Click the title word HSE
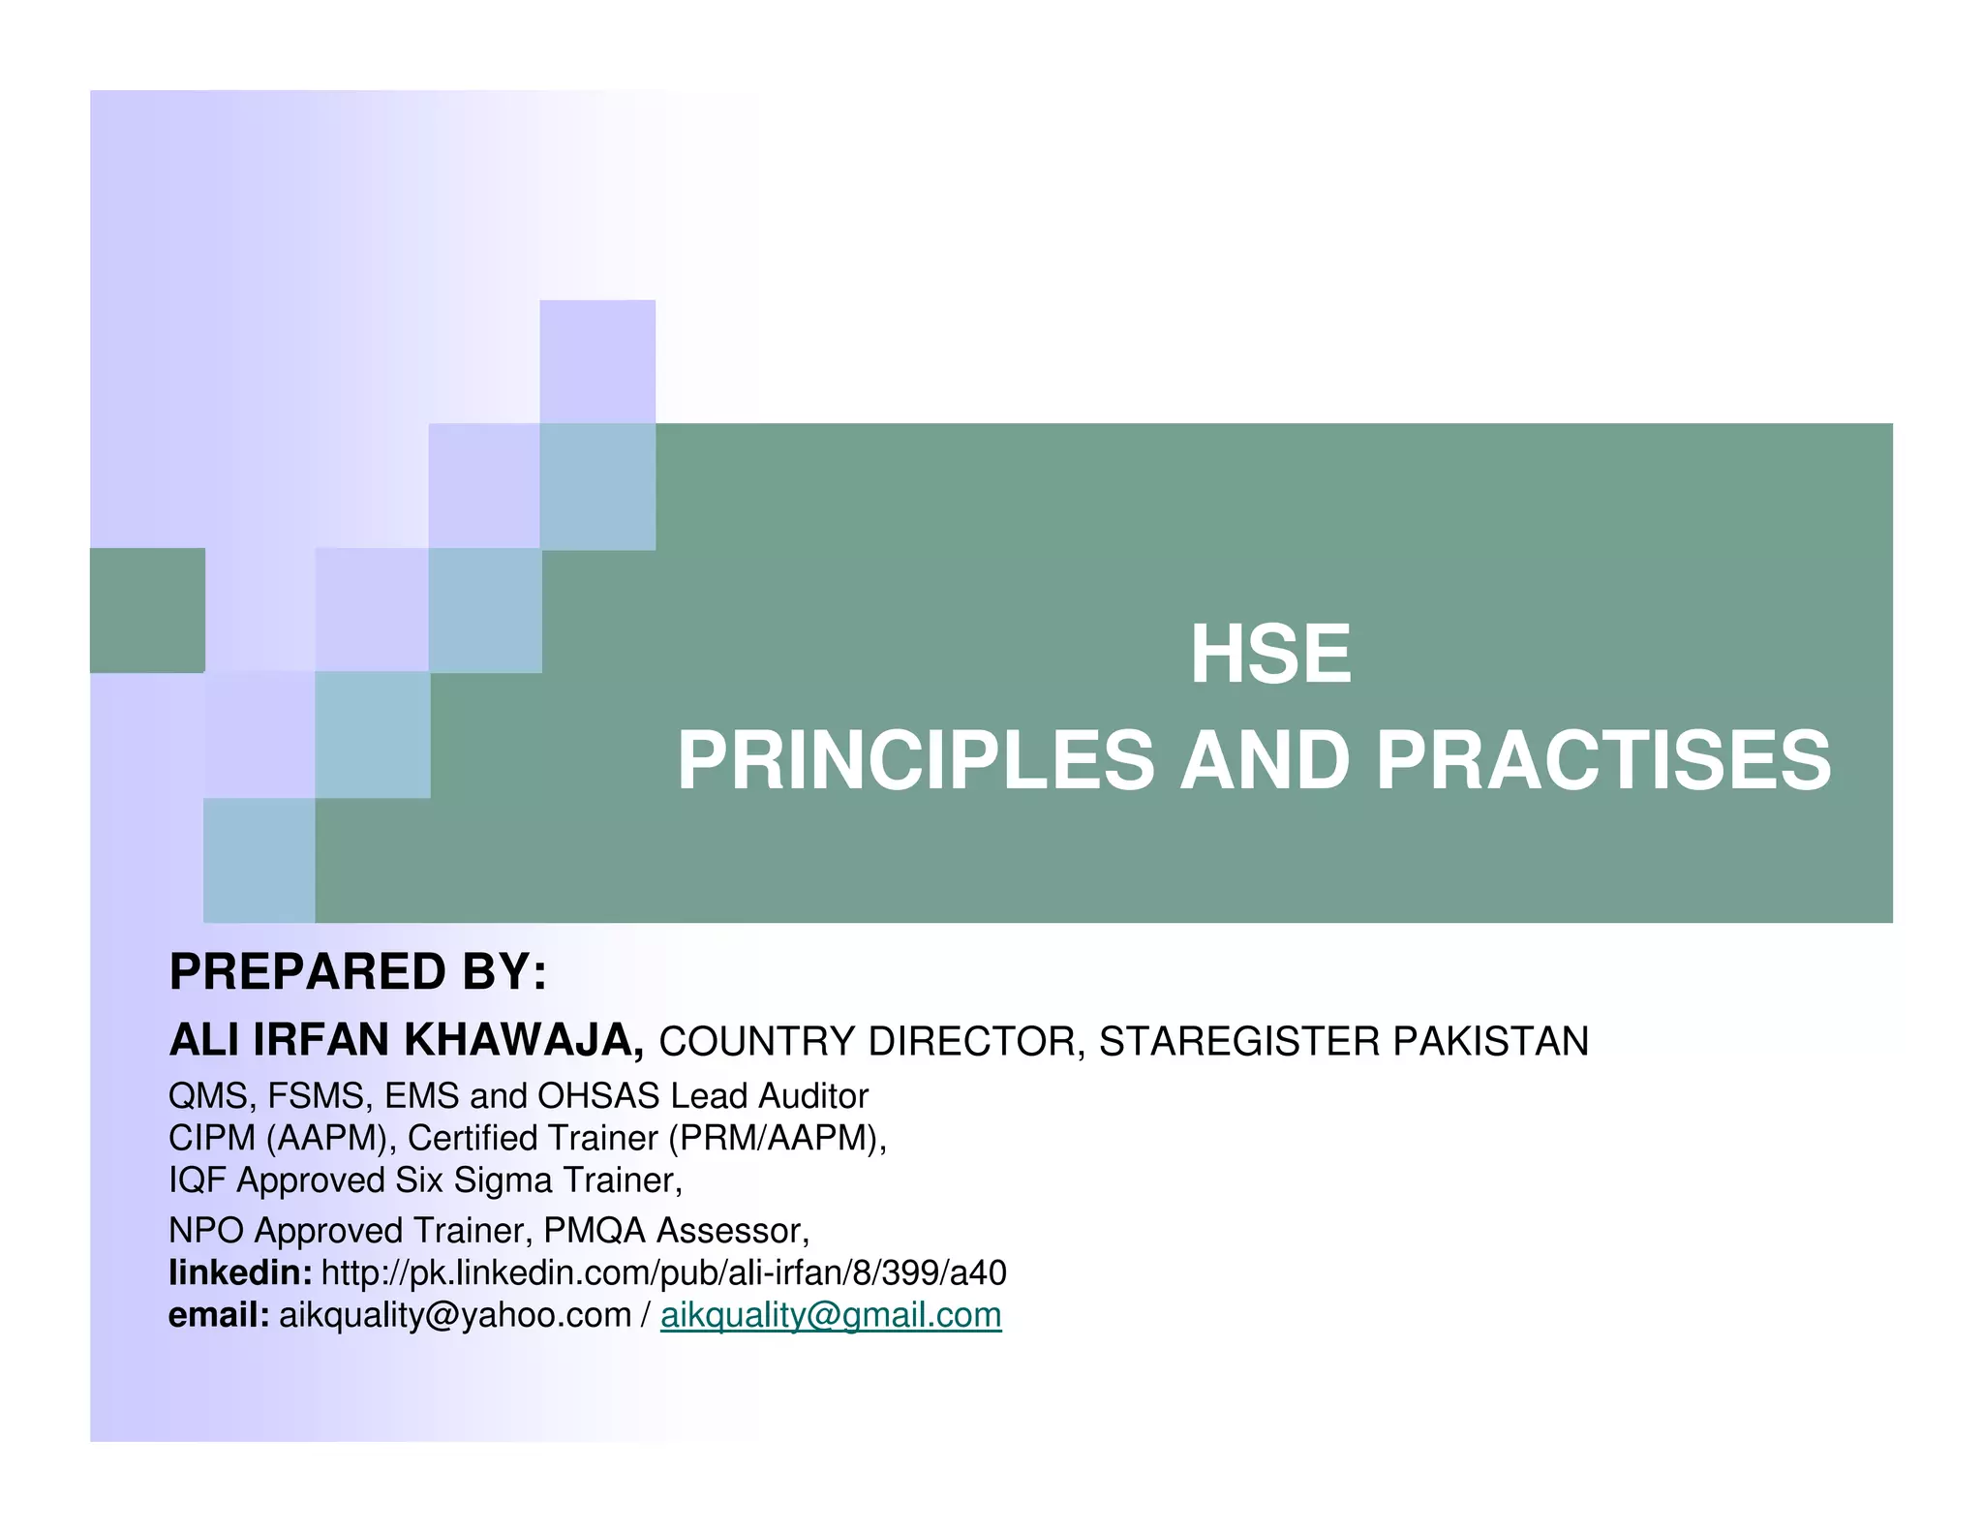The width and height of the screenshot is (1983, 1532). (x=1269, y=655)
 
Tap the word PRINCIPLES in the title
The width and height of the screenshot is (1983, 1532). (x=915, y=761)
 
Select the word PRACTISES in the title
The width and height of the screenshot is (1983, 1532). (x=1603, y=761)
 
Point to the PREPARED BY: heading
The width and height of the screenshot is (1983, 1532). (x=358, y=971)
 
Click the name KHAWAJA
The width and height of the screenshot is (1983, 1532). (x=524, y=1040)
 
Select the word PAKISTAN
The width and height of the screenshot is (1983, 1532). (x=1491, y=1041)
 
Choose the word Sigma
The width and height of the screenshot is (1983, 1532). (x=503, y=1180)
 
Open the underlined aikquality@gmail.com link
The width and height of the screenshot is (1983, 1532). (x=831, y=1315)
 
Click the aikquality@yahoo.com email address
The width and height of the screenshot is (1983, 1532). (x=455, y=1315)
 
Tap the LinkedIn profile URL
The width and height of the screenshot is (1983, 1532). (x=663, y=1272)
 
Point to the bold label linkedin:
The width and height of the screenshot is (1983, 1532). (x=240, y=1272)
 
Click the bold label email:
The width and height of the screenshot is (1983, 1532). (x=219, y=1315)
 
